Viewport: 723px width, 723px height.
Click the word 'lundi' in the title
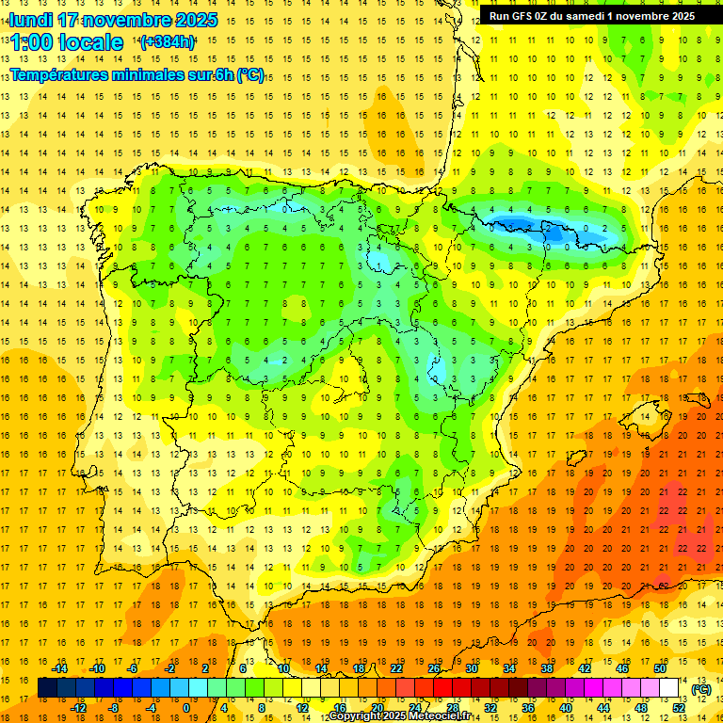[x=30, y=20]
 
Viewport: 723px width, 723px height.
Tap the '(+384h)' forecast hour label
[x=167, y=41]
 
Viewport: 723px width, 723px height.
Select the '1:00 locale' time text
[x=67, y=42]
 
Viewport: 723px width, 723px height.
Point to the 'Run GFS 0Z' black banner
[x=592, y=16]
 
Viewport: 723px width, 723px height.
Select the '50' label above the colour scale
[x=660, y=668]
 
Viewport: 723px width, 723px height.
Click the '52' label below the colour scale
[x=679, y=708]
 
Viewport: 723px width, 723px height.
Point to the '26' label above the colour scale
[x=434, y=668]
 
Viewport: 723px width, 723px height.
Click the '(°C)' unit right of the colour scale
[x=701, y=689]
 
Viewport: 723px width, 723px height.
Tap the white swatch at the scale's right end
[x=669, y=688]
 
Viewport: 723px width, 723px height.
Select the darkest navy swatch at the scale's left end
[x=48, y=688]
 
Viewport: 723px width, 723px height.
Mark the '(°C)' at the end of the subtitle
[x=250, y=75]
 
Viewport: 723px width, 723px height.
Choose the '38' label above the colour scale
[x=547, y=668]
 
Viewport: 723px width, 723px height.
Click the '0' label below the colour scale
[x=186, y=708]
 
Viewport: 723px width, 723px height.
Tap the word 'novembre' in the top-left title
[x=128, y=20]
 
